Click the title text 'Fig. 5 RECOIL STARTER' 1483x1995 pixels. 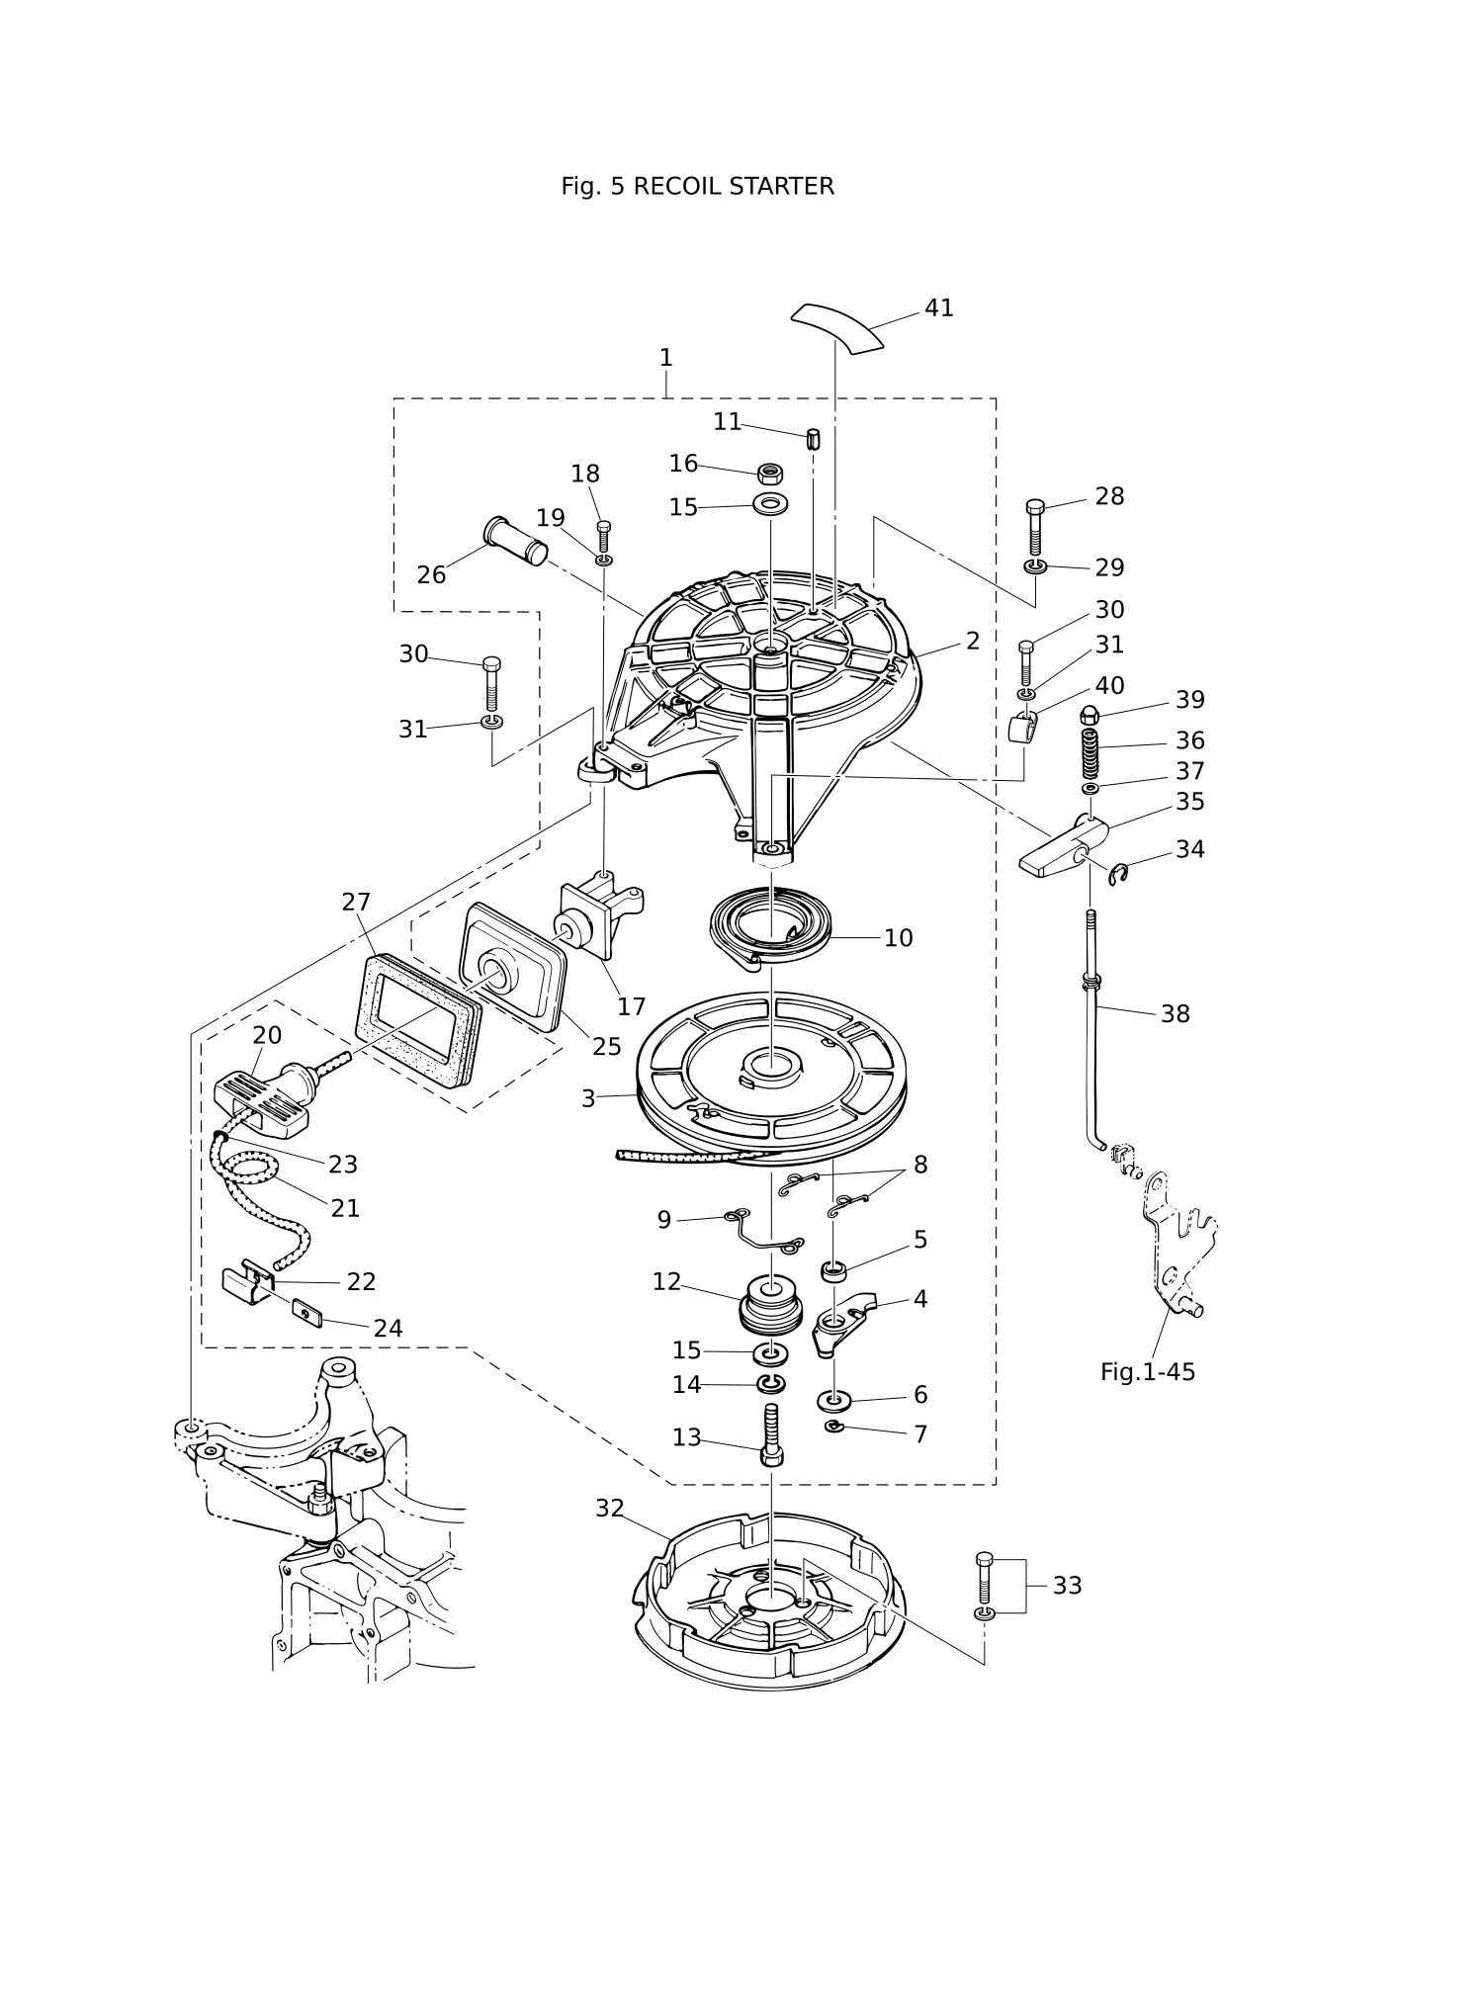point(697,186)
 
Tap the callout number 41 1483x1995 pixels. point(939,307)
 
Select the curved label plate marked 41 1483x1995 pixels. point(837,326)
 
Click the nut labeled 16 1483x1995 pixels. point(771,473)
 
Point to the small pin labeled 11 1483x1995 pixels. point(814,438)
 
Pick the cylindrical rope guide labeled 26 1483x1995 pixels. point(516,540)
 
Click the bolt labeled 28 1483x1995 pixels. point(1035,527)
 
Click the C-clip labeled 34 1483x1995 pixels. point(1117,873)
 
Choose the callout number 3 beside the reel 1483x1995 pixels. point(588,1098)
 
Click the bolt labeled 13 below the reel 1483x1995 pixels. point(773,1434)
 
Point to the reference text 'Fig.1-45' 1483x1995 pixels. point(1148,1371)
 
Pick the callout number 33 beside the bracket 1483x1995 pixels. point(1067,1585)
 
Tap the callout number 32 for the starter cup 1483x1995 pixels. point(610,1508)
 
